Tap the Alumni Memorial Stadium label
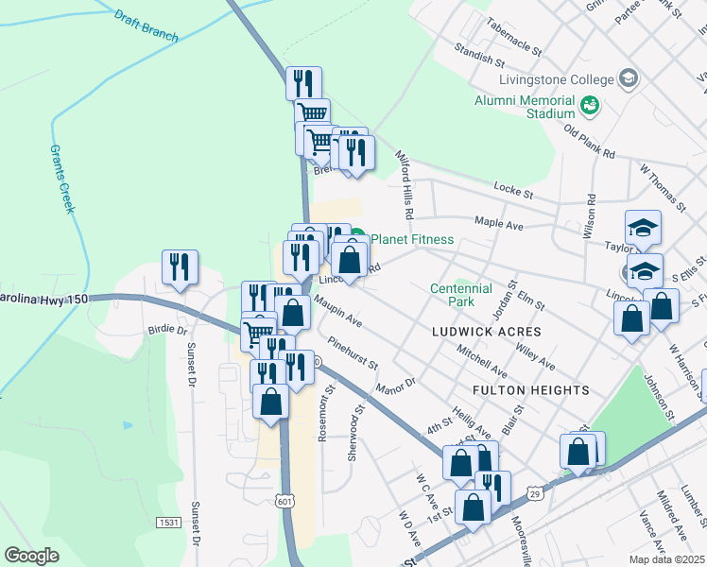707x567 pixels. pyautogui.click(x=526, y=107)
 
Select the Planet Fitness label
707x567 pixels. pyautogui.click(x=412, y=240)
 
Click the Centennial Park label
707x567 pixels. pyautogui.click(x=461, y=296)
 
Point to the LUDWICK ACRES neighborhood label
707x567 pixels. pyautogui.click(x=487, y=332)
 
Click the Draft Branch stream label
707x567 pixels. pyautogui.click(x=145, y=24)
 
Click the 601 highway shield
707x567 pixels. pyautogui.click(x=285, y=499)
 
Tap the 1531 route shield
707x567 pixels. pyautogui.click(x=170, y=522)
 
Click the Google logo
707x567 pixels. pyautogui.click(x=31, y=555)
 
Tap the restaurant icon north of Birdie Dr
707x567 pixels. pyautogui.click(x=179, y=267)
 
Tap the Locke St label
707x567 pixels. pyautogui.click(x=515, y=190)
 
